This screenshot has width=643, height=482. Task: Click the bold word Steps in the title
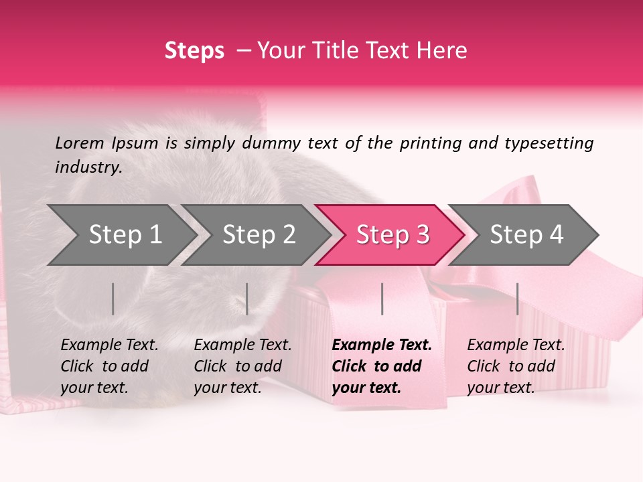(x=194, y=51)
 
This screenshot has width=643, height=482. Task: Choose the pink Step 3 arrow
(x=392, y=235)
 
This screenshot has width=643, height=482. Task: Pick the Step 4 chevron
(x=526, y=235)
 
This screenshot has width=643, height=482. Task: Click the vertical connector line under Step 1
(x=113, y=299)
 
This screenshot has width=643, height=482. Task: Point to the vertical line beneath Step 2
(x=247, y=299)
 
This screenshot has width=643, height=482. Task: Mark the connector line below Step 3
(x=382, y=299)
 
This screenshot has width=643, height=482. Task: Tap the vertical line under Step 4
(x=517, y=299)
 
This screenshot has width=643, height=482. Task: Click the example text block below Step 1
(x=109, y=366)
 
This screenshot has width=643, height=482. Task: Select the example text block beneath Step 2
(x=242, y=366)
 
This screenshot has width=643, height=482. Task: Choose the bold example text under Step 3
(x=381, y=366)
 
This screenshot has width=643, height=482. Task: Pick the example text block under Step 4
(x=516, y=366)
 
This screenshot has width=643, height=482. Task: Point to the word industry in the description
(x=88, y=167)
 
